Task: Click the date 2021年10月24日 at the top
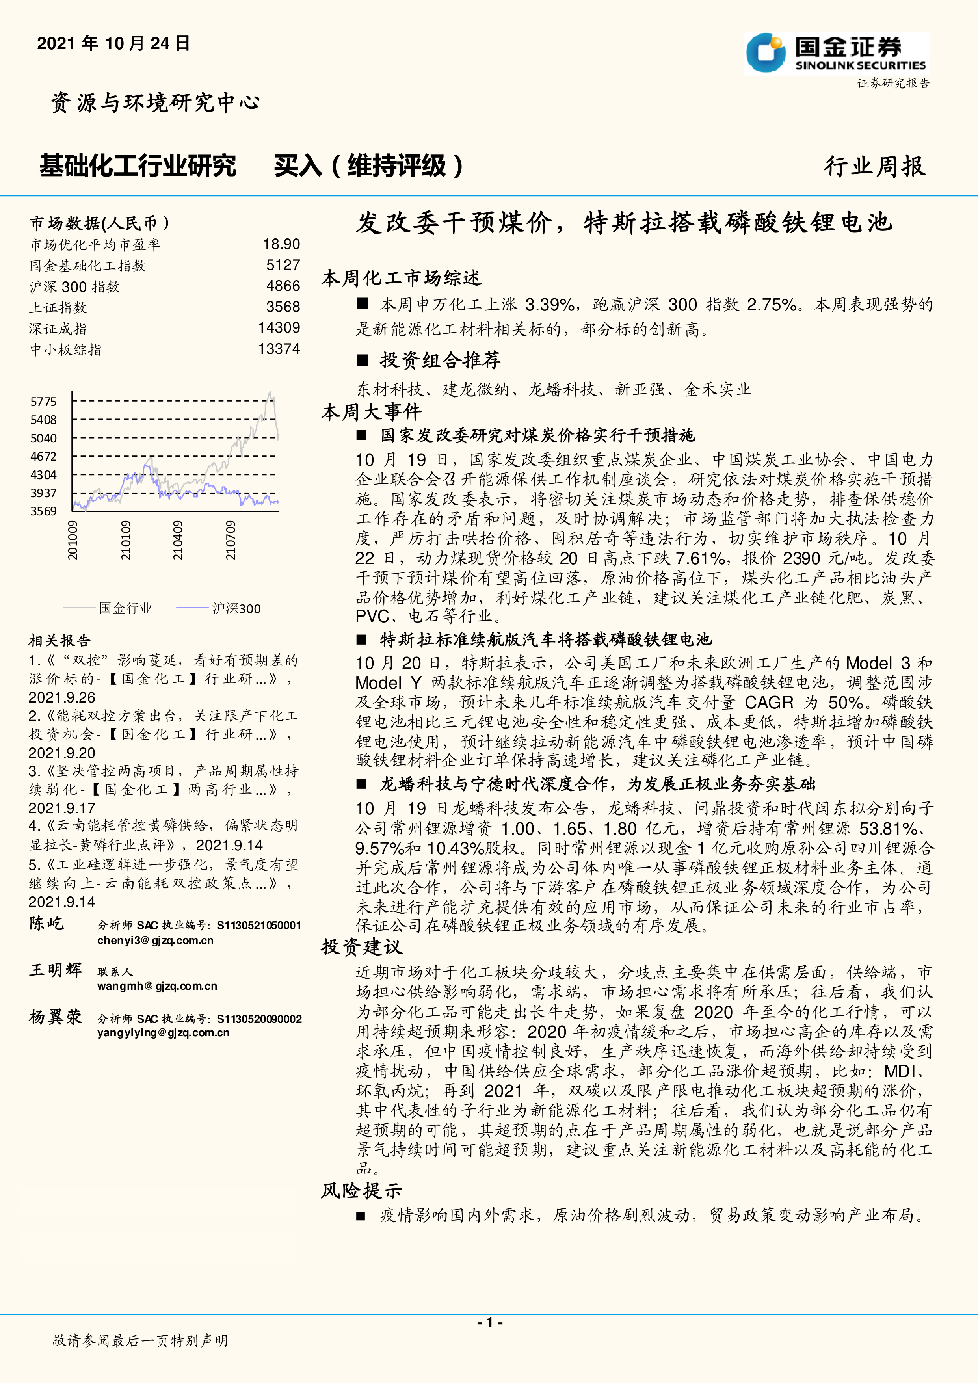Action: pyautogui.click(x=113, y=43)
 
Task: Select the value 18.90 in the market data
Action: pyautogui.click(x=281, y=244)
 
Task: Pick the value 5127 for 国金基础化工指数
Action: pyautogui.click(x=283, y=265)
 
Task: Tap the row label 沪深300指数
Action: pyautogui.click(x=75, y=287)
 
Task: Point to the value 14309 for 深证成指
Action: pyautogui.click(x=279, y=328)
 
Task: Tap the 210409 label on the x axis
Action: pyautogui.click(x=178, y=540)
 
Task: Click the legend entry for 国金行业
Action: pyautogui.click(x=125, y=608)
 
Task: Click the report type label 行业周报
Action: pyautogui.click(x=874, y=166)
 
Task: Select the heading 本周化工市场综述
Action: pyautogui.click(x=401, y=278)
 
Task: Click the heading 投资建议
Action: pyautogui.click(x=361, y=947)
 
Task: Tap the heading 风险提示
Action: pyautogui.click(x=361, y=1190)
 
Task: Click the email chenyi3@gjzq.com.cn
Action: pyautogui.click(x=155, y=940)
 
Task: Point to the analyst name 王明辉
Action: pyautogui.click(x=56, y=970)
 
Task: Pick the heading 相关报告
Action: pyautogui.click(x=59, y=640)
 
